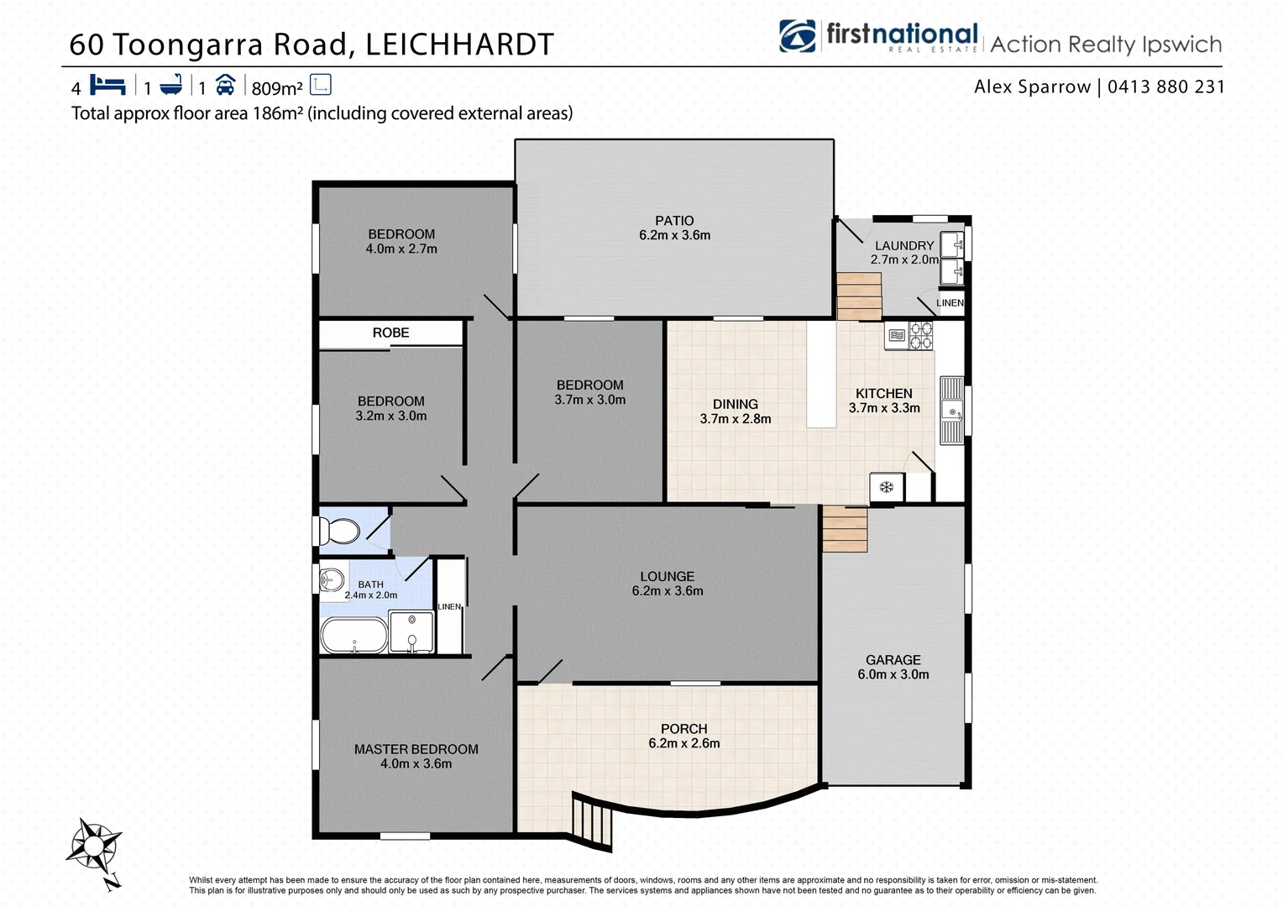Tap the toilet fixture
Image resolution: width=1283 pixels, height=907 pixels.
(x=339, y=531)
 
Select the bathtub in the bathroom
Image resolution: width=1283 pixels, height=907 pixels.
(x=353, y=636)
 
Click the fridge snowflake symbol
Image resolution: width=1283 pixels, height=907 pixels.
(x=886, y=487)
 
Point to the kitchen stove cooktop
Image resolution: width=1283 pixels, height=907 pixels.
(x=921, y=335)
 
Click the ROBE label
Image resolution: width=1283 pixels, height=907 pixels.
(x=390, y=333)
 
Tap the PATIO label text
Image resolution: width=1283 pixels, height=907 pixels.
(x=674, y=221)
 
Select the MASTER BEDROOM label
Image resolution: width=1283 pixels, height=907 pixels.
(x=416, y=749)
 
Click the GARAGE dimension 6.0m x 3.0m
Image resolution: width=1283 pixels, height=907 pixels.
(x=893, y=674)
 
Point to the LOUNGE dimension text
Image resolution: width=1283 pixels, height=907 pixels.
(x=668, y=591)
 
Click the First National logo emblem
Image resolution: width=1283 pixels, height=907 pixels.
(x=797, y=36)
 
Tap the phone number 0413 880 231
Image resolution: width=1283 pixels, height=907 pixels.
(x=1165, y=87)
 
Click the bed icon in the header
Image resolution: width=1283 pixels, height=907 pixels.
(x=107, y=86)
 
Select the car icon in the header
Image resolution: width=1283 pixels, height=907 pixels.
(x=225, y=86)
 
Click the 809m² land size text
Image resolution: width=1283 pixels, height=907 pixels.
(x=277, y=88)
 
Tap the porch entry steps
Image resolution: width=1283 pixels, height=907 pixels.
(x=593, y=822)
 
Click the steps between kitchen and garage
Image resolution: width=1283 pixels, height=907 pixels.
(x=845, y=529)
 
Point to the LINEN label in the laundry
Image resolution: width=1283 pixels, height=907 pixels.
(x=950, y=303)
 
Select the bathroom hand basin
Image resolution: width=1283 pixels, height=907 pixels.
(x=332, y=579)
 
